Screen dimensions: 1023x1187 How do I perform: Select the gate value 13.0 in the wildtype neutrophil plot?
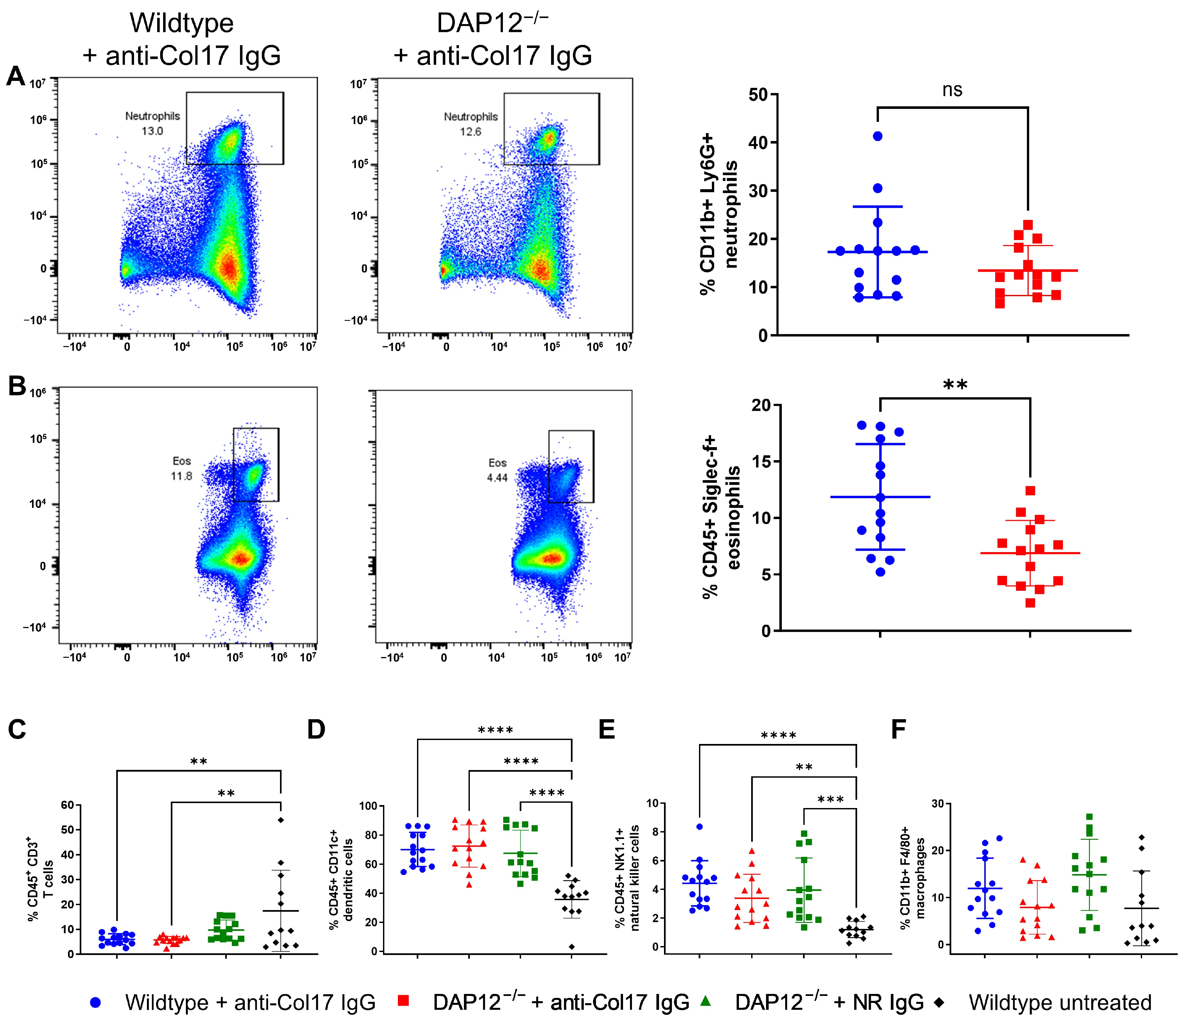tap(153, 131)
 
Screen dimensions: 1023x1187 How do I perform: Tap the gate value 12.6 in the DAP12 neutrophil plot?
tap(470, 132)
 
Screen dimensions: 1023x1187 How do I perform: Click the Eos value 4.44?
tap(497, 478)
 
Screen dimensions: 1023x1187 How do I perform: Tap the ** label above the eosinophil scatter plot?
tap(955, 385)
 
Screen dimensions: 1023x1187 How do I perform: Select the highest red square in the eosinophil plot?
tap(1030, 491)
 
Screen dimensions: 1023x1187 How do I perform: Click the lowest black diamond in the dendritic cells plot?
tap(572, 947)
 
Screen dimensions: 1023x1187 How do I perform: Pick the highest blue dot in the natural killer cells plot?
tap(699, 827)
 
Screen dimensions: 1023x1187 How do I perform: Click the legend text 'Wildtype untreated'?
tap(1060, 1003)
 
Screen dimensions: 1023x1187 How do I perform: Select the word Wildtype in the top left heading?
tap(182, 24)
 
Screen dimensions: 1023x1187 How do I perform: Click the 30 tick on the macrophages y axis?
tap(937, 804)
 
